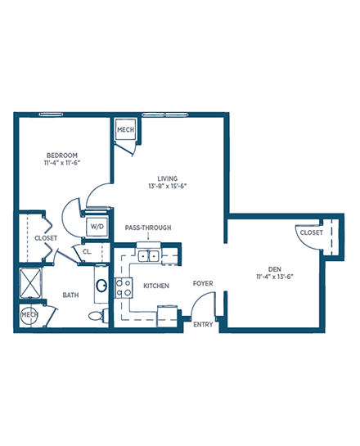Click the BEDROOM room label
tap(62, 155)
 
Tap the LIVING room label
tap(168, 178)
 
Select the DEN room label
tap(275, 269)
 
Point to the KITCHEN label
tap(156, 286)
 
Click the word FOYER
tap(203, 283)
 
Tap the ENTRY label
tap(203, 324)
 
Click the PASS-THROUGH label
tap(148, 228)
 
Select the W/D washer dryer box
tap(97, 227)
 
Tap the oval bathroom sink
tap(101, 286)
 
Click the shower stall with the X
tap(31, 283)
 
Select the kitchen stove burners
tap(124, 287)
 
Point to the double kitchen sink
tap(148, 256)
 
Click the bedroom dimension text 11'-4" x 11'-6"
tap(62, 163)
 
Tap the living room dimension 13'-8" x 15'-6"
tap(168, 187)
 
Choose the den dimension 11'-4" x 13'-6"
tap(275, 277)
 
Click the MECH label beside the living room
tap(126, 129)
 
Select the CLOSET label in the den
tap(312, 232)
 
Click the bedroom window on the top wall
tap(51, 115)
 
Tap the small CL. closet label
tap(87, 252)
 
